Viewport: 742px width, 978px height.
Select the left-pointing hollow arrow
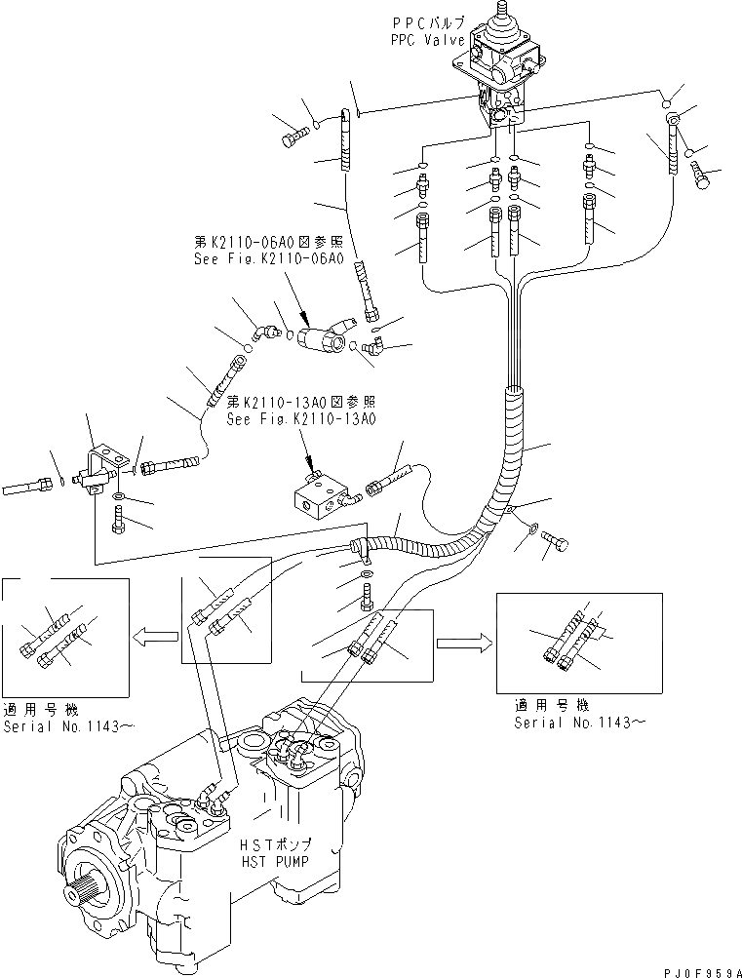156,637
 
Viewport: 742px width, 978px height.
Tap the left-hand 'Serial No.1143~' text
58,725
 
